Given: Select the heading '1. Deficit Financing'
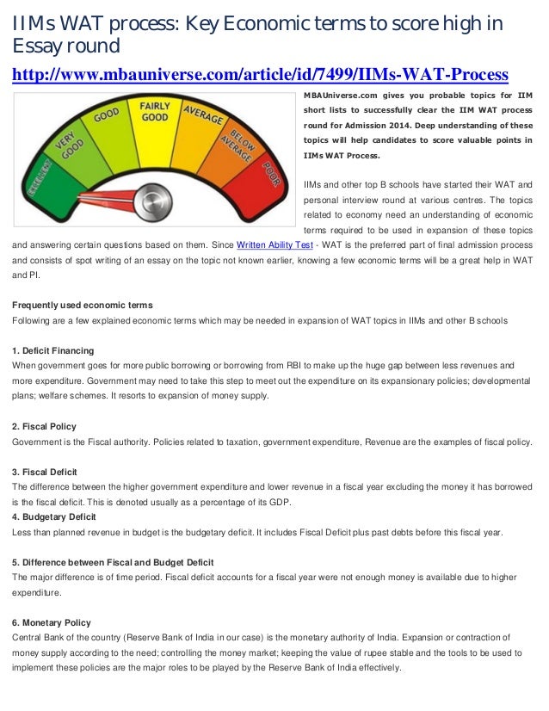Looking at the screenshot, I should (x=53, y=350).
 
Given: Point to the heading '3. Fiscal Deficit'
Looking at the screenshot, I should (x=45, y=472).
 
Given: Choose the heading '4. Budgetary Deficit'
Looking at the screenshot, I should (x=53, y=516).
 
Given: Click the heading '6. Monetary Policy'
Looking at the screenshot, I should (x=51, y=622).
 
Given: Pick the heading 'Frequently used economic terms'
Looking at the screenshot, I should (x=83, y=306).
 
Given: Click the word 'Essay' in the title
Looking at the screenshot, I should (x=38, y=44).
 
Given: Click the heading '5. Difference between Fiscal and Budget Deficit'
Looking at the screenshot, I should (x=113, y=562).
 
